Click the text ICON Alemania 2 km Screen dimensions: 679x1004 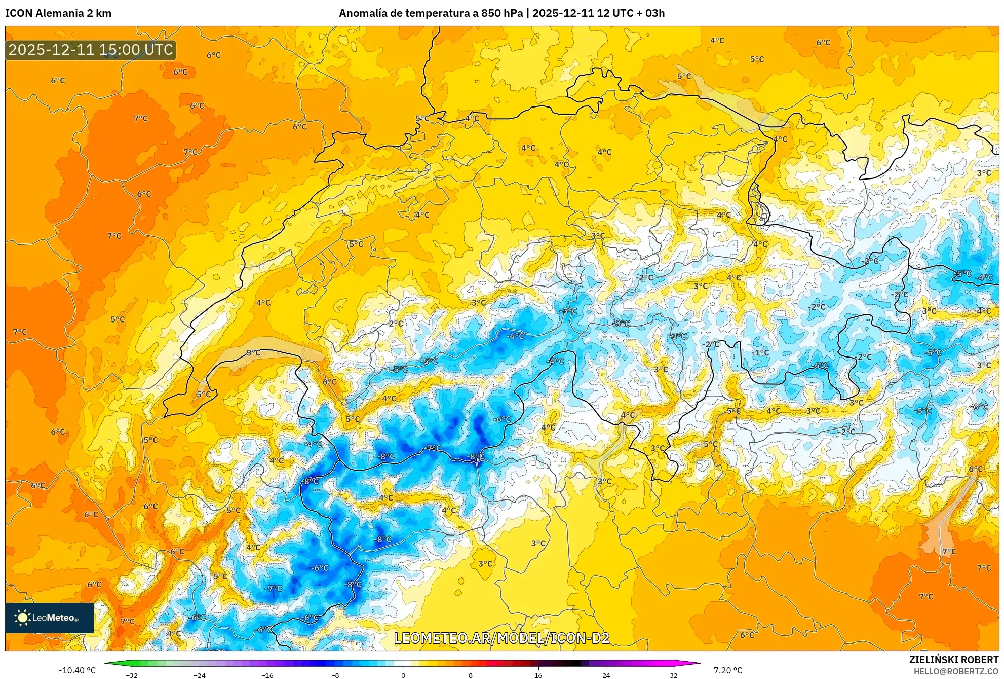(58, 13)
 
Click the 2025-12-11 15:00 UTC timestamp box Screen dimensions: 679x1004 (91, 50)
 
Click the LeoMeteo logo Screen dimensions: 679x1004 (49, 618)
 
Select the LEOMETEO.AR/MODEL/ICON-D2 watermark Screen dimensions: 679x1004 (501, 638)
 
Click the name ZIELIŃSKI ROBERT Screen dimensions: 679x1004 (953, 660)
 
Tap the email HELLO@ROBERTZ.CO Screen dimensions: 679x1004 (956, 671)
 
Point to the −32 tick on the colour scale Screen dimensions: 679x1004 (131, 675)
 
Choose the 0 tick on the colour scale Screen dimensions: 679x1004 (403, 675)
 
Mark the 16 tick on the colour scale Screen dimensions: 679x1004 (538, 675)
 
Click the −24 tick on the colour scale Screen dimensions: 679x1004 (199, 675)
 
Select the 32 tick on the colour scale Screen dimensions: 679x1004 (673, 675)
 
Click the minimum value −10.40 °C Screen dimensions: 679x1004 (77, 670)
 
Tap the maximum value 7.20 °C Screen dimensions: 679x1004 (728, 670)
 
